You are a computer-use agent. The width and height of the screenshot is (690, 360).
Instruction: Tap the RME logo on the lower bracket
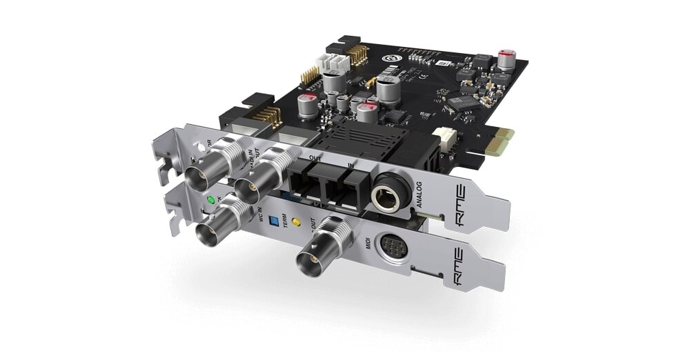[460, 259]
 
